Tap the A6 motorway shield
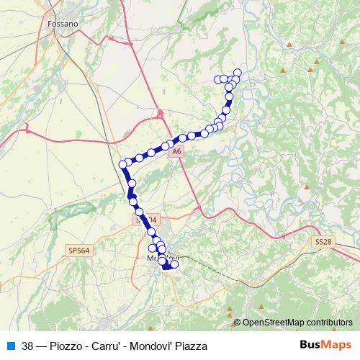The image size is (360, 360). [177, 152]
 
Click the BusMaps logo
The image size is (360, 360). [325, 344]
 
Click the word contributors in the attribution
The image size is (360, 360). [330, 323]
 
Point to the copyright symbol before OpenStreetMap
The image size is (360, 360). [237, 323]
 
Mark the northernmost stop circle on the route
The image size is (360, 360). [238, 73]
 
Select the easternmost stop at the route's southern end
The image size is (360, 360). [174, 264]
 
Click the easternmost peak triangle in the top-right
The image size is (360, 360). [318, 63]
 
